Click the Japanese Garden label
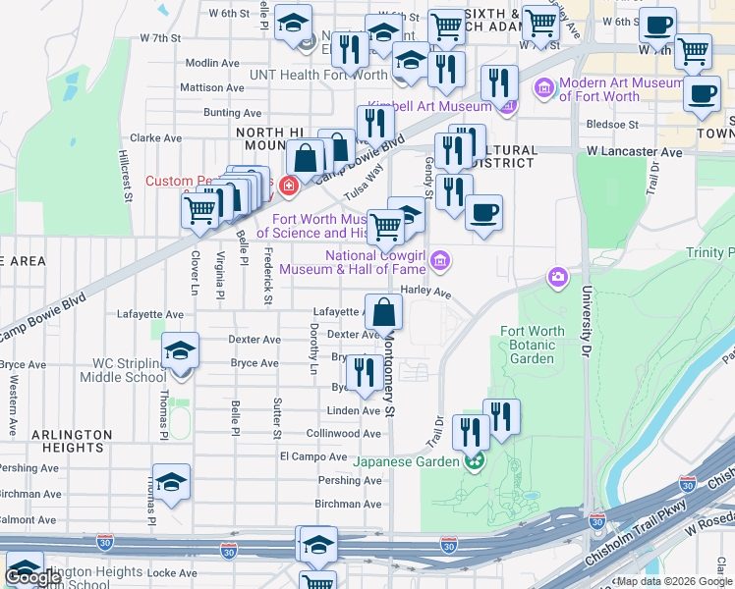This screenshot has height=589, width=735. point(406,461)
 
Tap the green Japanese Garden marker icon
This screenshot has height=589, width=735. point(475,460)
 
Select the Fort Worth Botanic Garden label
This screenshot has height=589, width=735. point(533,345)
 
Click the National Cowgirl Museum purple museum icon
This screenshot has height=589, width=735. point(441,261)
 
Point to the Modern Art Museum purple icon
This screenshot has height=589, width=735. point(543,90)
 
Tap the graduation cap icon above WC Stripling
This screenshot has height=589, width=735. point(181,350)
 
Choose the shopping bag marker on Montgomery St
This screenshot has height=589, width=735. point(383,313)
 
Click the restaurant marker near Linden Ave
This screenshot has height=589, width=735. point(365,372)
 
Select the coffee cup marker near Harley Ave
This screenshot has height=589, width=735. point(482,212)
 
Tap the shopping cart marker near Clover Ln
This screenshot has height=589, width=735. point(200,209)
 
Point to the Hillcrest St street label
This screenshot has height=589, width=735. point(126,176)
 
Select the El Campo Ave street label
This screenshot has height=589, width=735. point(313,456)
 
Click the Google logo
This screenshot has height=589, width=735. point(33,577)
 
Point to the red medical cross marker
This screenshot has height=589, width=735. point(289,185)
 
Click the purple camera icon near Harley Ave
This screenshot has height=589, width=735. point(558,279)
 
